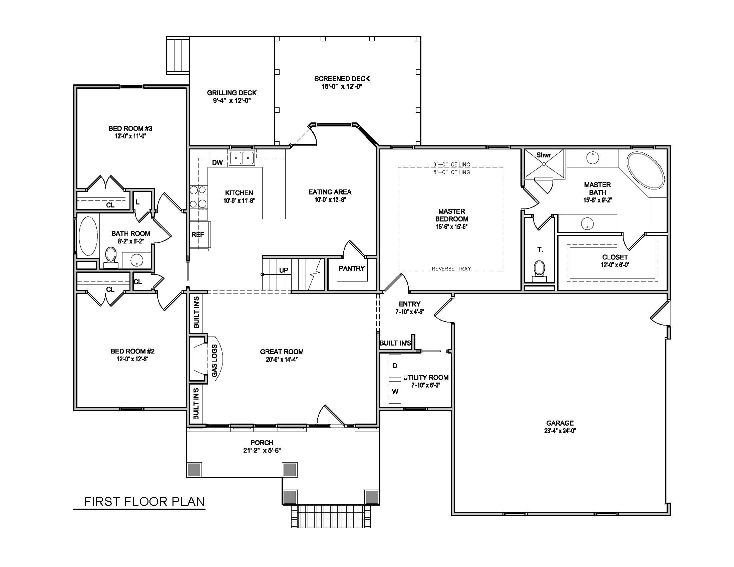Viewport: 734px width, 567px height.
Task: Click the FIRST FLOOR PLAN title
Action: tap(144, 502)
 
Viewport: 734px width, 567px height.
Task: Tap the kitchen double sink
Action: tap(242, 157)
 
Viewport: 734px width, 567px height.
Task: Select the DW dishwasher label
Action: tap(218, 162)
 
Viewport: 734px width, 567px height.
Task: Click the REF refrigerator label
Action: tap(198, 234)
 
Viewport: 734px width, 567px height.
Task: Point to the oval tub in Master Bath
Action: tap(646, 170)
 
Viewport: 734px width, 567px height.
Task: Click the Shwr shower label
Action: tap(544, 155)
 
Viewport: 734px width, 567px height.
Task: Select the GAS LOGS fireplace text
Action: tap(215, 361)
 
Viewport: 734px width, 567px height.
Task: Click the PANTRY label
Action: tap(352, 268)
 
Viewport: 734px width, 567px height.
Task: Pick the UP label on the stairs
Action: tap(284, 270)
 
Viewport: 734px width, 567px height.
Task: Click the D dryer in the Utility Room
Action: tap(395, 366)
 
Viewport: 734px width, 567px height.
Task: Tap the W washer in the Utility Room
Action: tap(395, 392)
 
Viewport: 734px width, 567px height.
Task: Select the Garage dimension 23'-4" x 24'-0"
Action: tap(560, 431)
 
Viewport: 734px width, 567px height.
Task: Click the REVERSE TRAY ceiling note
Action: tap(451, 269)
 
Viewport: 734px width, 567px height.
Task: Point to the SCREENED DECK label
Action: tap(342, 79)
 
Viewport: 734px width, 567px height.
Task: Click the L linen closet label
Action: tap(137, 202)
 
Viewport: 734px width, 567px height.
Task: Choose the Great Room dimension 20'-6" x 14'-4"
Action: tap(282, 360)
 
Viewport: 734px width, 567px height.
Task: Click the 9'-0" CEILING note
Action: tap(451, 164)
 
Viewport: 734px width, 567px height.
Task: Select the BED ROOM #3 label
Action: tap(130, 128)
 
